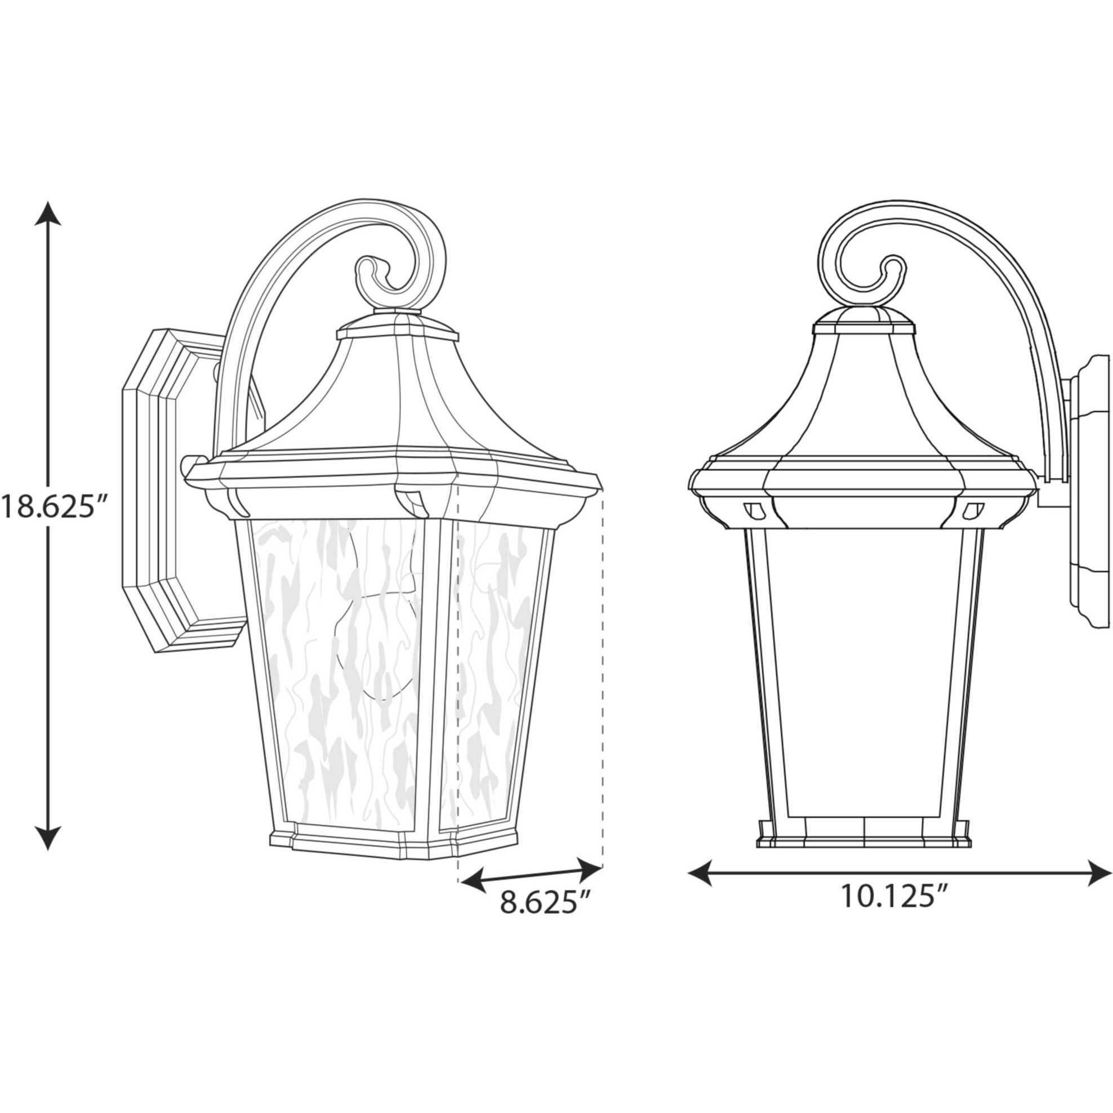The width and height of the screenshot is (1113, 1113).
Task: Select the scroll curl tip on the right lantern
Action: (892, 271)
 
